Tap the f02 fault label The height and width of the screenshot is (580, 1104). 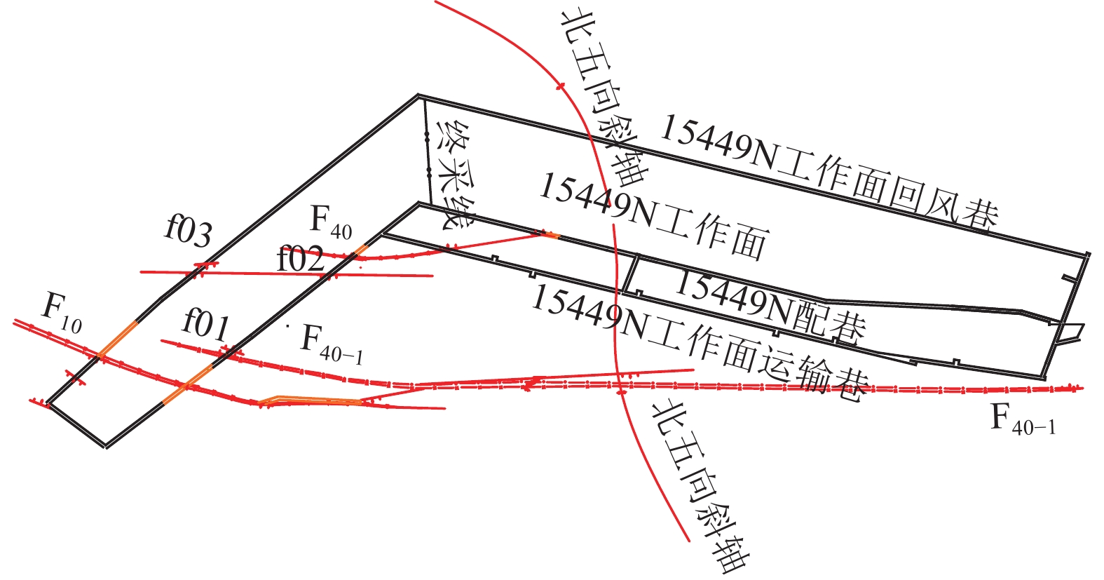301,259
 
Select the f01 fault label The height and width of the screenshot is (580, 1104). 206,325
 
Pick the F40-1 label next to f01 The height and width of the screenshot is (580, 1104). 332,343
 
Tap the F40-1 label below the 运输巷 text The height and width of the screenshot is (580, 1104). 1023,419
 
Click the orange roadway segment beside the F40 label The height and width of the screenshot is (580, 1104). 361,248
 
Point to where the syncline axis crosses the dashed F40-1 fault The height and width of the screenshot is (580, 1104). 620,385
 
